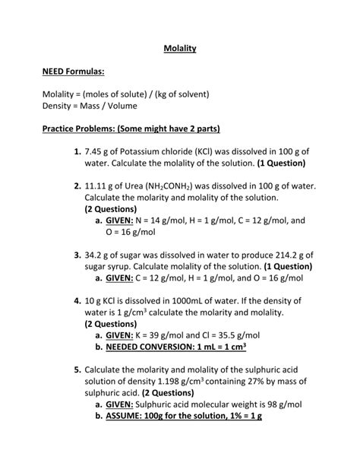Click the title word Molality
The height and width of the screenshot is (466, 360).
[x=180, y=49]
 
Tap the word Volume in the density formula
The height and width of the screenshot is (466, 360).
[x=119, y=106]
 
